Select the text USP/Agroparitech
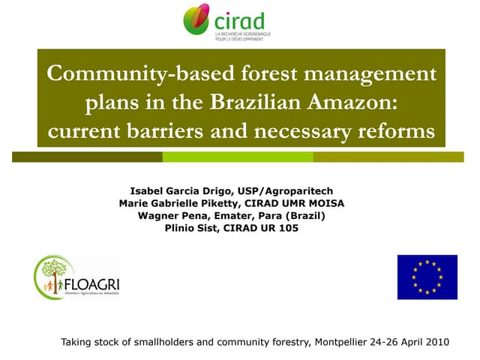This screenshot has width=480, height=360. tap(282, 191)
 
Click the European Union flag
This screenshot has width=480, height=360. tap(427, 277)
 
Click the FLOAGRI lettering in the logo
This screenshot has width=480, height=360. tap(91, 286)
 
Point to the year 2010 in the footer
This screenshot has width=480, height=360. tap(435, 342)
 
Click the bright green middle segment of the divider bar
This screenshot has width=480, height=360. tap(238, 157)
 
